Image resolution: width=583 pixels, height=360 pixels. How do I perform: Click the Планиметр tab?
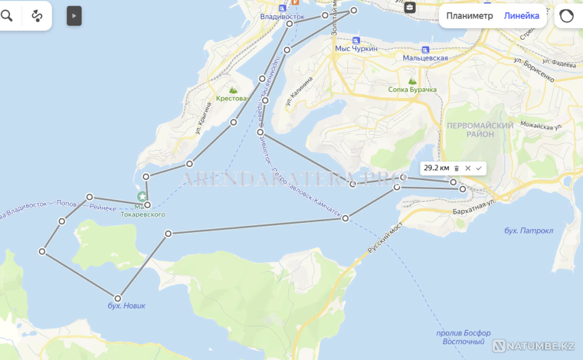[469, 16]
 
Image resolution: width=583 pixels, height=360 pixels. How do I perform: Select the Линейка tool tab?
[521, 16]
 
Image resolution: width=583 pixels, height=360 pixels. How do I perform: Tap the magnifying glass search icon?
[7, 16]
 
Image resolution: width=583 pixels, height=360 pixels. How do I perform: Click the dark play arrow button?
[74, 16]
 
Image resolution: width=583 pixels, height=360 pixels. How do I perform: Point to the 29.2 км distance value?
[436, 168]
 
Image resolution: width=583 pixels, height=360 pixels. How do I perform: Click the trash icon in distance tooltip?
[456, 168]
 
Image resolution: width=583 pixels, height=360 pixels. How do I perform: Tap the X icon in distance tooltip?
[468, 168]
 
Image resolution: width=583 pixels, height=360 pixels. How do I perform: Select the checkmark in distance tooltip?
[479, 168]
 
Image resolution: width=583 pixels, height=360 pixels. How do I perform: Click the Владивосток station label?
[283, 17]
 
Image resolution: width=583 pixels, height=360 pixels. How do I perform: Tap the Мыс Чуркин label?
[356, 49]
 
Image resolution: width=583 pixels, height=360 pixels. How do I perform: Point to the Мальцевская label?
[425, 58]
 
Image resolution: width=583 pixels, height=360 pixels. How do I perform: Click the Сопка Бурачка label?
[412, 89]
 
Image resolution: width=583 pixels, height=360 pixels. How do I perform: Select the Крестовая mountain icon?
[233, 90]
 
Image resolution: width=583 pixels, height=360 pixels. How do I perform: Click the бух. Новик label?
[127, 306]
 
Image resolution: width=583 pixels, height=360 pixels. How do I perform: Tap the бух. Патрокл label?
[528, 230]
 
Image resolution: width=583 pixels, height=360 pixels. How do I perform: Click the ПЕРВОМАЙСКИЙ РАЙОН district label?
[479, 130]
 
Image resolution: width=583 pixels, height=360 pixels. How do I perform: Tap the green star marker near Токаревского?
[142, 197]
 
